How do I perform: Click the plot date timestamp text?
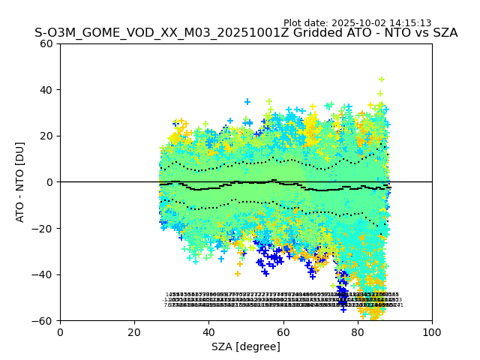(357, 23)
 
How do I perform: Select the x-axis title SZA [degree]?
(246, 346)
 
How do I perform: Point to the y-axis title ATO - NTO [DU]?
(20, 182)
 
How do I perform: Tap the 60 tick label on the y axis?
(46, 43)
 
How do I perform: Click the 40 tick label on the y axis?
(46, 90)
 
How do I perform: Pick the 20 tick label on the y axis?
(46, 136)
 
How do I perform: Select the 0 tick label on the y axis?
(49, 182)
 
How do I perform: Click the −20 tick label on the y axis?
(43, 229)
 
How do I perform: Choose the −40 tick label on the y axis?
(43, 274)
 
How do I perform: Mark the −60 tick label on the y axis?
(43, 321)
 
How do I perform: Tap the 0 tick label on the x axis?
(60, 331)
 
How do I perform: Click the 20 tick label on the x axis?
(134, 331)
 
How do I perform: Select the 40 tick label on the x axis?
(208, 331)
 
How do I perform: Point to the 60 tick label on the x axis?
(283, 331)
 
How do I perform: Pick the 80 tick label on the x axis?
(358, 331)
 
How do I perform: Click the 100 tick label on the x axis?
(432, 331)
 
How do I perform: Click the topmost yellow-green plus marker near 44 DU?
(381, 79)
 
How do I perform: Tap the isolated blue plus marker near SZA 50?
(247, 101)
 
